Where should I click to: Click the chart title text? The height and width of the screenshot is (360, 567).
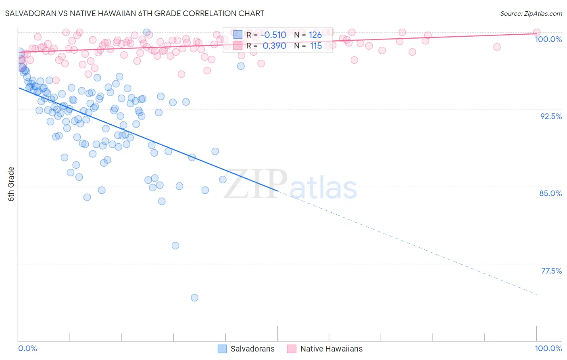135,13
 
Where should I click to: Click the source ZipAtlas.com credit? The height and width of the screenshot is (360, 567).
531,13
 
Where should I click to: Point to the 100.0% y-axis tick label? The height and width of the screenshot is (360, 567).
548,39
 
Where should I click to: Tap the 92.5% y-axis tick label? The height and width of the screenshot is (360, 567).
551,116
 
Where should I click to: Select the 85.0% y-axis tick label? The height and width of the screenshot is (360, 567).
550,193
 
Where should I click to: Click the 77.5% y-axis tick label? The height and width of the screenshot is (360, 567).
551,271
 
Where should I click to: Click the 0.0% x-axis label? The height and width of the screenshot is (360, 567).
27,348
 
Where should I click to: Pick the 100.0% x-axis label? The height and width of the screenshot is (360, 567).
548,348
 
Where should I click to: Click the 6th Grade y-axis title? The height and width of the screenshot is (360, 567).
11,184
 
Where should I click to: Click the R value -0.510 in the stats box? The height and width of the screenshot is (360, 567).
273,35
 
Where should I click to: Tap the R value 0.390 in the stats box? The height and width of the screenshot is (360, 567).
274,46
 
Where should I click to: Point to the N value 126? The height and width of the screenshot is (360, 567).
315,35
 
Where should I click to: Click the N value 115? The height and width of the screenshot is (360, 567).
316,46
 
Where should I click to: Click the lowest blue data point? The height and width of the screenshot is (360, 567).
194,298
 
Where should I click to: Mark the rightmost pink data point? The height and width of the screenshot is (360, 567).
537,32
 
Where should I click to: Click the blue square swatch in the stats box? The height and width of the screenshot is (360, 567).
238,35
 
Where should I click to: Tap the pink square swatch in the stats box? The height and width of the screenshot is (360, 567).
238,46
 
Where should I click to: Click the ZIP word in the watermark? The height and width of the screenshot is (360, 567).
255,184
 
